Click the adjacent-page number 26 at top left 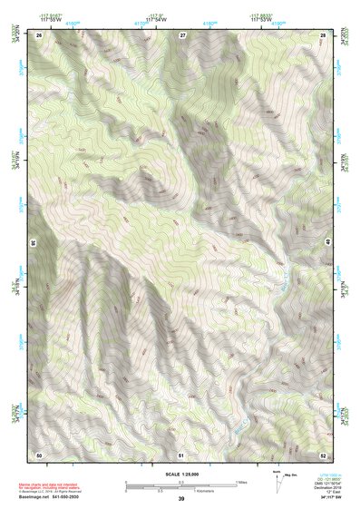pyautogui.click(x=39, y=34)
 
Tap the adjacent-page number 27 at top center pyautogui.click(x=182, y=34)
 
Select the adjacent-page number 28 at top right pyautogui.click(x=323, y=34)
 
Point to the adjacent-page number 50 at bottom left pyautogui.click(x=39, y=453)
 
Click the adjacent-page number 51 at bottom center pyautogui.click(x=181, y=453)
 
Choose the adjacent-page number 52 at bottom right pyautogui.click(x=323, y=453)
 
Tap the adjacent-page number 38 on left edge pyautogui.click(x=34, y=243)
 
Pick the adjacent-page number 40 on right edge pyautogui.click(x=328, y=243)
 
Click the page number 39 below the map pyautogui.click(x=181, y=499)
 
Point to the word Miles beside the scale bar pyautogui.click(x=243, y=481)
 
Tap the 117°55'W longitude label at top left pyautogui.click(x=51, y=20)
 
